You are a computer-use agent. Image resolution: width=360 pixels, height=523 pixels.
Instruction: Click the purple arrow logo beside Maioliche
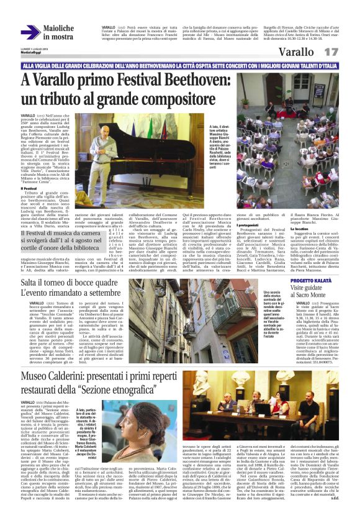(x=30, y=32)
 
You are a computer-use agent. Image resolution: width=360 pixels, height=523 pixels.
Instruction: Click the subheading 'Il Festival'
(x=29, y=188)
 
